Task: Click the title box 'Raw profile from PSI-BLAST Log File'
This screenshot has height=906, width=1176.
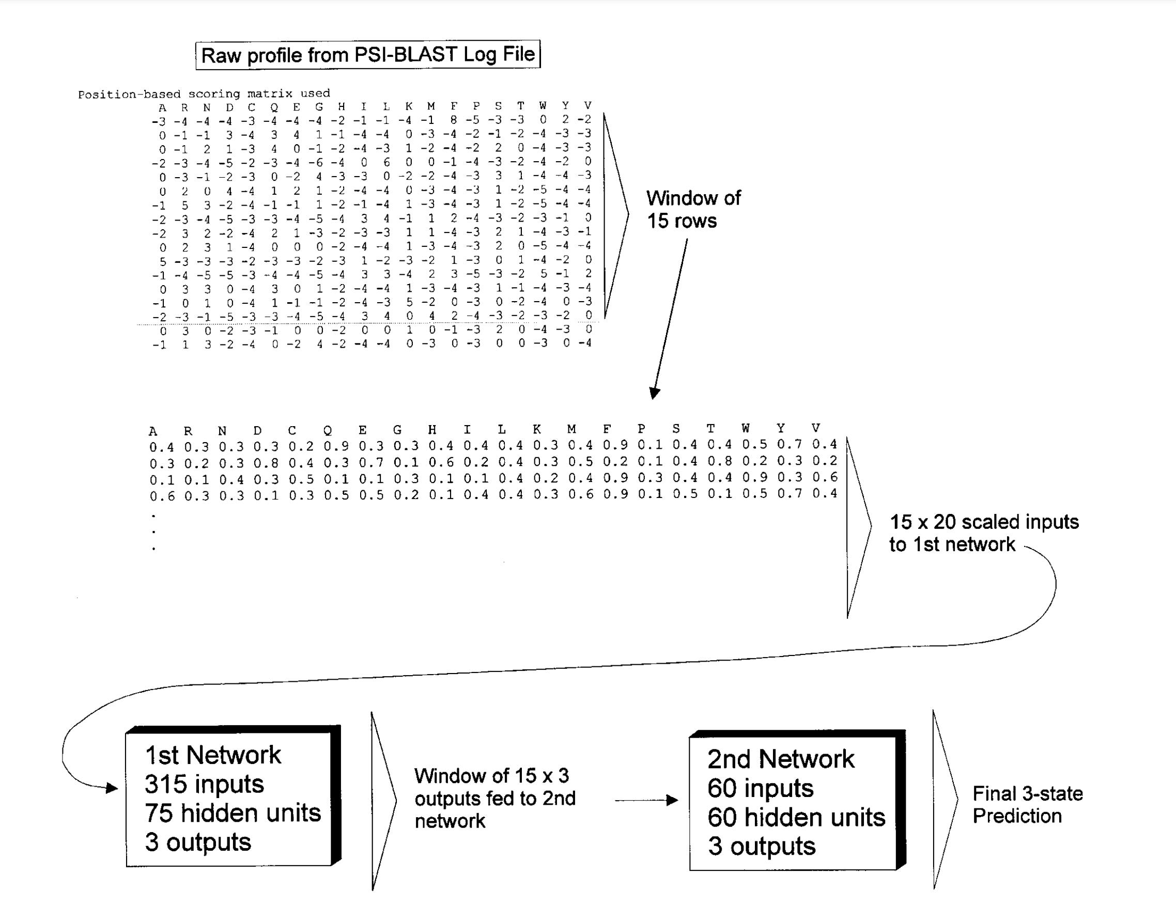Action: point(368,55)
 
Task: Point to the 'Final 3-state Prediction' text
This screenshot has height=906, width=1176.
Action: point(1026,804)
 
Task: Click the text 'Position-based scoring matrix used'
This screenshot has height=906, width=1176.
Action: point(204,94)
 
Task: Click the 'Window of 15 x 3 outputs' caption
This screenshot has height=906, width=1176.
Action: point(494,798)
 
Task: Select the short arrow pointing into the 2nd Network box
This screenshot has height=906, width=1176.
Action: point(646,800)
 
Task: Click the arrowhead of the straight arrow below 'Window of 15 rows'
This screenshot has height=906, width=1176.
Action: point(654,393)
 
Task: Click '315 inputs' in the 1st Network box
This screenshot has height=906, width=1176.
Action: point(204,784)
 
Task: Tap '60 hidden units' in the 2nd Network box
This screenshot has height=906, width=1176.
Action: point(796,817)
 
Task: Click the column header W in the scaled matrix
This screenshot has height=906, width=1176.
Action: point(745,429)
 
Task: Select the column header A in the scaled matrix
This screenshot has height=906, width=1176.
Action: point(153,431)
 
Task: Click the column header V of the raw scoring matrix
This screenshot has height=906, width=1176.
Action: point(587,106)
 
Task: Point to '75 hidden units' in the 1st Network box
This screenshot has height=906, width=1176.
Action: point(233,813)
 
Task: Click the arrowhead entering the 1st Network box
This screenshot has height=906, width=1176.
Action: point(112,789)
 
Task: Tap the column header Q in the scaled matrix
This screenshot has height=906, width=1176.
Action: point(328,430)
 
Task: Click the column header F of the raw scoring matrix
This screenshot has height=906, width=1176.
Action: point(454,106)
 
